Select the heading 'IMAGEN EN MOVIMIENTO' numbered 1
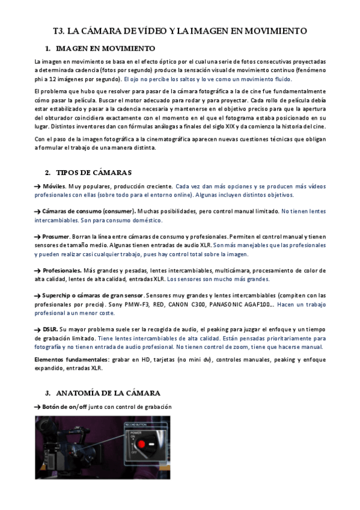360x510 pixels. coord(105,48)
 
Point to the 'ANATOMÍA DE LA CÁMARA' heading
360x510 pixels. coord(108,393)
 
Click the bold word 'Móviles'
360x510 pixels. coord(54,186)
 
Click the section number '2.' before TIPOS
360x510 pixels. coord(47,173)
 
